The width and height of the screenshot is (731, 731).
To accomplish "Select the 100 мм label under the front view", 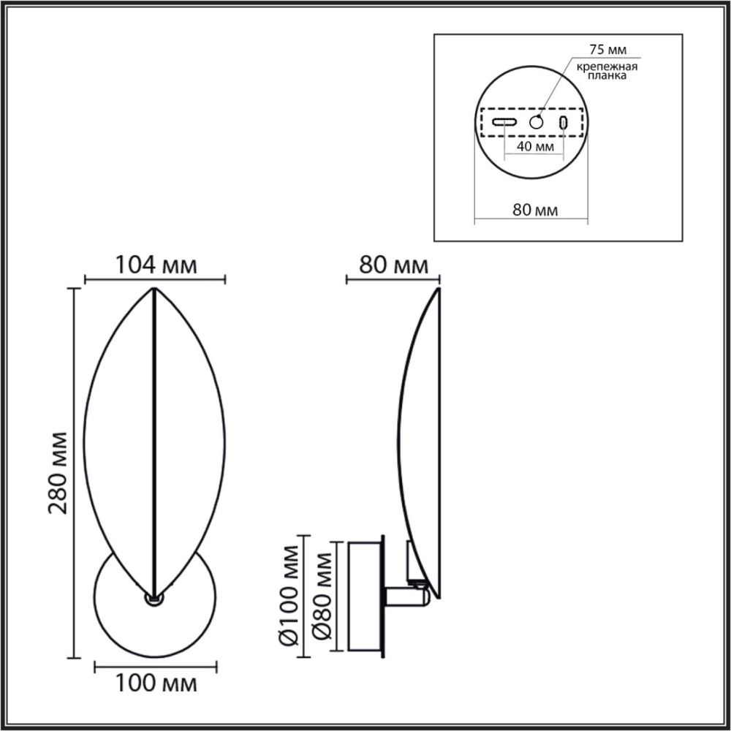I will coord(156,684).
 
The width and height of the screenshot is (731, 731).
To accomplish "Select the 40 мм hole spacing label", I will coord(534,145).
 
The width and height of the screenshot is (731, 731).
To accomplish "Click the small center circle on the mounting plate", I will coord(537,122).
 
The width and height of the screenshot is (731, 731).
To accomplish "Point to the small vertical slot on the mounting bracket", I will coord(563,122).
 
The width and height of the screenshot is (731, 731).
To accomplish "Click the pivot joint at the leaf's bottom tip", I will coord(154,598).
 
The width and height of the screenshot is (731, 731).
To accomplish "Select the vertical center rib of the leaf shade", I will coord(154,439).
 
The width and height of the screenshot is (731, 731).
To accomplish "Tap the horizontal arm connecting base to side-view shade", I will coord(402,598).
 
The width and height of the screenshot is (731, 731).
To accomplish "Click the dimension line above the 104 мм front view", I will coord(155,279).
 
